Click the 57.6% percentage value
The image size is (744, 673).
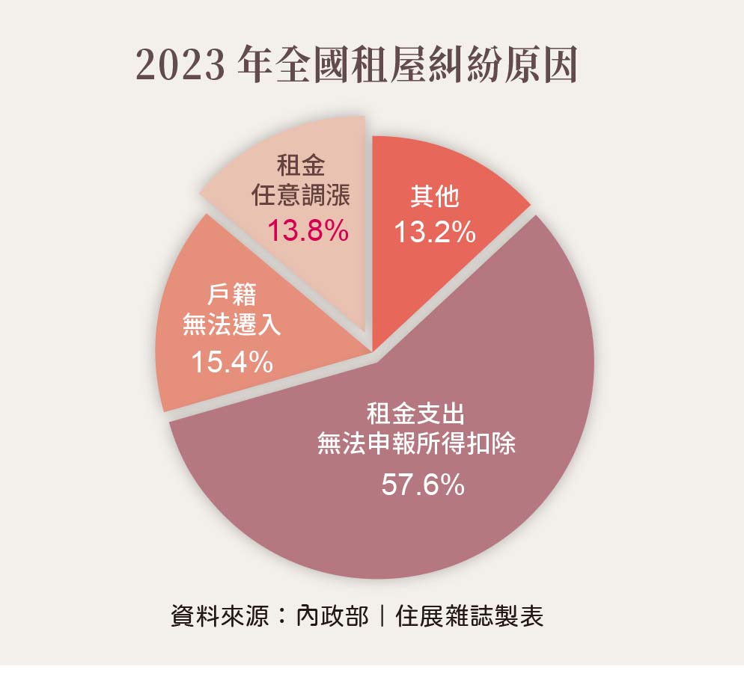[423, 486]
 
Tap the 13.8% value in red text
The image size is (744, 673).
[308, 231]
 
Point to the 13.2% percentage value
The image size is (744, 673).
[435, 233]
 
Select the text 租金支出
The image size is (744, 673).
[420, 412]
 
